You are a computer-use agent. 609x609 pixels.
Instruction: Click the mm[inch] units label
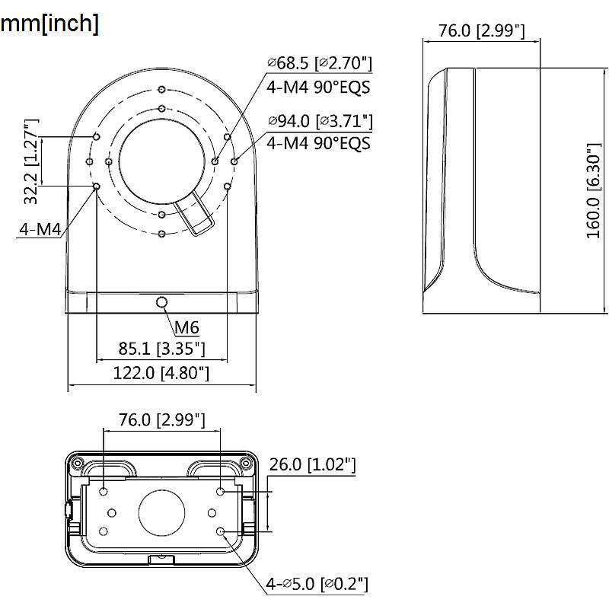49,23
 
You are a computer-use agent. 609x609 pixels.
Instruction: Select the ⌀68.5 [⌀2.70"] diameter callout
319,63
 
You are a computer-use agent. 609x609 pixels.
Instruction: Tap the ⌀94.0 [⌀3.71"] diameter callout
319,121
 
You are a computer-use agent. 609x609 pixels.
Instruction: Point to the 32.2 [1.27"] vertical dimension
31,161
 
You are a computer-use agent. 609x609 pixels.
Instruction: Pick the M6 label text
187,328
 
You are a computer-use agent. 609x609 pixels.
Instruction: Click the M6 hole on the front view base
161,303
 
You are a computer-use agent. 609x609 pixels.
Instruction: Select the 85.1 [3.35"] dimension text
162,349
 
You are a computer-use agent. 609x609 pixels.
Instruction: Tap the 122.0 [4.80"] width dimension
162,373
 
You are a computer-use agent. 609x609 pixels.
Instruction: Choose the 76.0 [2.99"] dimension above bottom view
162,419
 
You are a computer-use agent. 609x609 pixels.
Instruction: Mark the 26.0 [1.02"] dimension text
312,464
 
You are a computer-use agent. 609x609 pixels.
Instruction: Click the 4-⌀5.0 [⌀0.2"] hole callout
317,584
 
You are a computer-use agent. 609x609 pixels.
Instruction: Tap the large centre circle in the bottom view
162,512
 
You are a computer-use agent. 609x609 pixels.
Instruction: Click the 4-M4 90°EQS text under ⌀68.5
319,86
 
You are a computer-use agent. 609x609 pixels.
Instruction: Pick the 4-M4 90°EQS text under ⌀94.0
319,142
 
